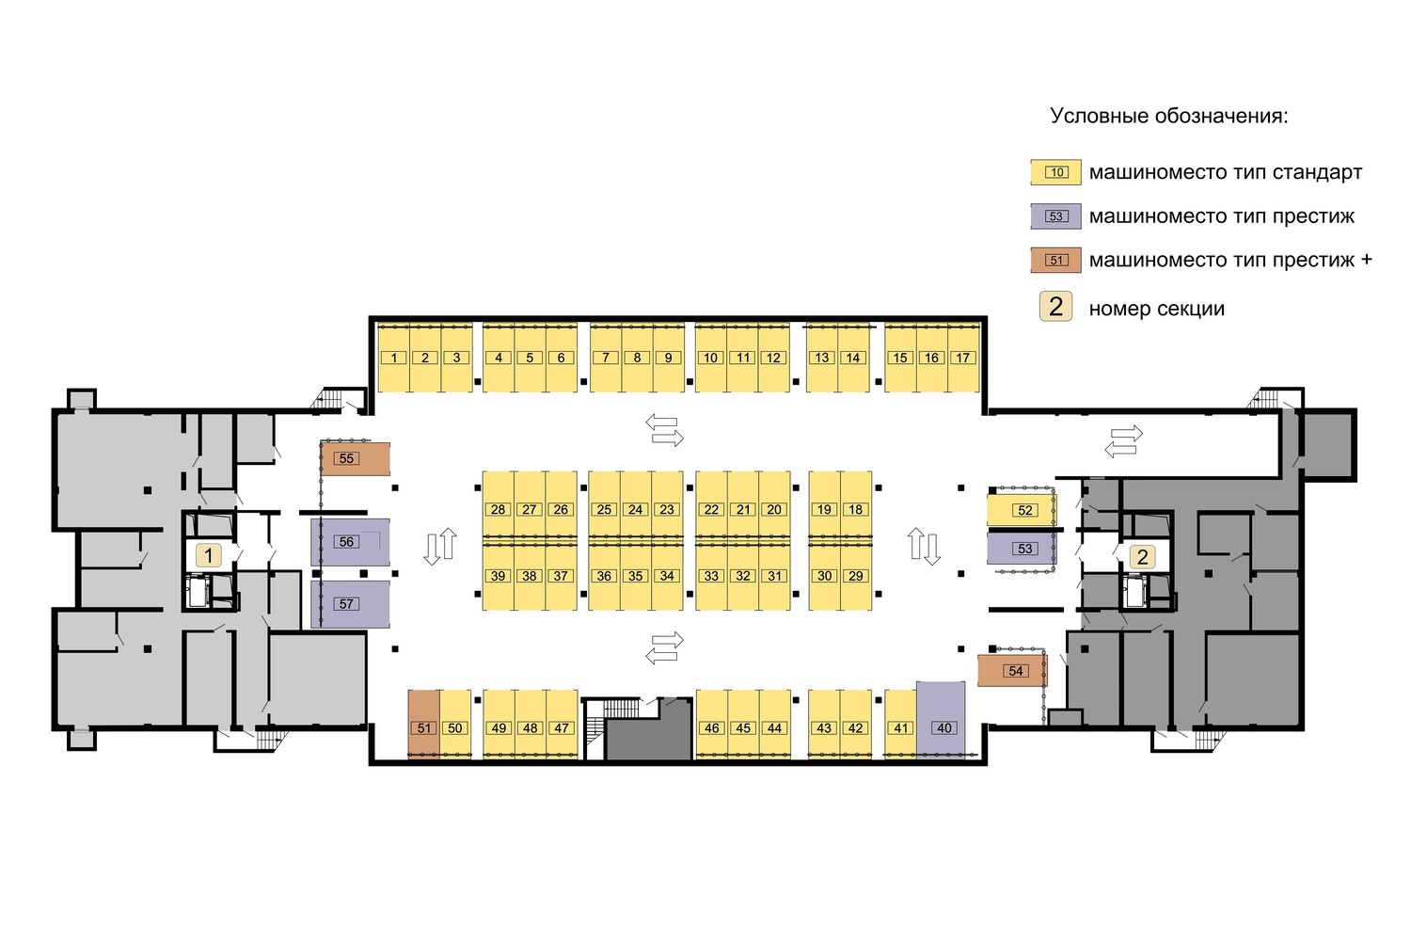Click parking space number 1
coord(394,358)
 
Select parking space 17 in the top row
coord(963,358)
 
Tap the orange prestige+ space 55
coord(356,458)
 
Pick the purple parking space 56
coord(350,542)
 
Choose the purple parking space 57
coord(350,604)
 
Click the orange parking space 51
coord(423,724)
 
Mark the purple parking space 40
coord(941,719)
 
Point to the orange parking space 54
coord(1012,670)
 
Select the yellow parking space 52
coord(1022,510)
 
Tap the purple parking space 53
coord(1022,549)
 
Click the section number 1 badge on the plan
coord(209,556)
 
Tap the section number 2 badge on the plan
coord(1143,556)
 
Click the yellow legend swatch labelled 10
coord(1056,172)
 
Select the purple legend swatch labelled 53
coord(1056,216)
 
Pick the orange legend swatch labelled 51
coord(1056,260)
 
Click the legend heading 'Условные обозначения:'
coord(1169,116)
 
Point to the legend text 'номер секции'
coord(1157,309)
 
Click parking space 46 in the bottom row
coord(712,724)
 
